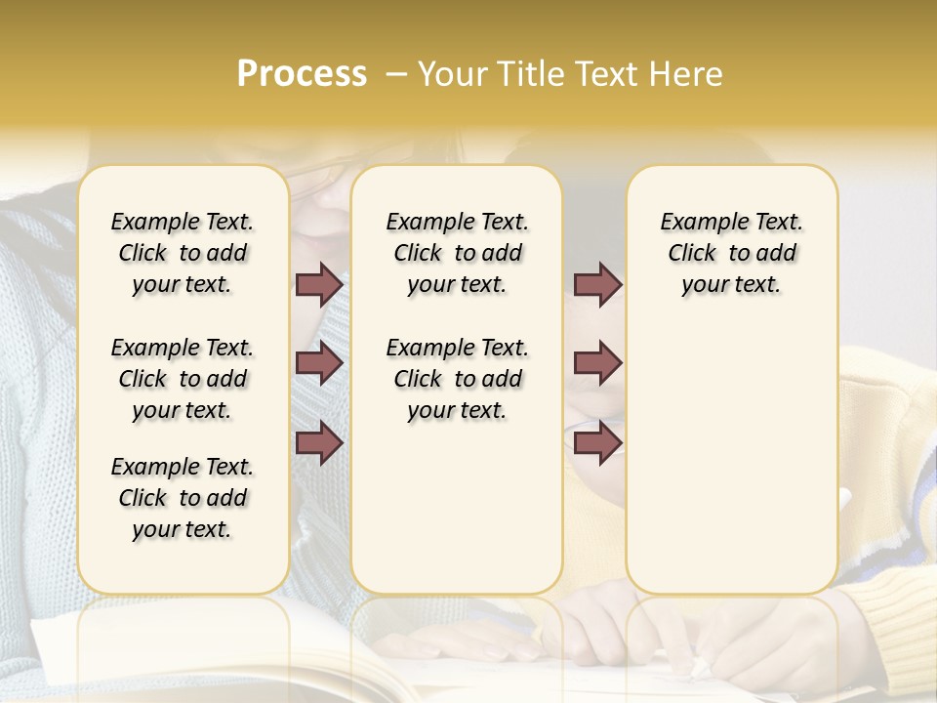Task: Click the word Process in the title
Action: (x=302, y=74)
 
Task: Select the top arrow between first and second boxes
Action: (x=319, y=285)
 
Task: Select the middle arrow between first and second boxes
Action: (x=319, y=364)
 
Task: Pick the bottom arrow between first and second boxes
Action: (x=319, y=443)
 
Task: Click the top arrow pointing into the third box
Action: (x=597, y=285)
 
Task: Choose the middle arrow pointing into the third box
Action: (x=597, y=364)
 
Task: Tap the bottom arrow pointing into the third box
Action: (x=597, y=443)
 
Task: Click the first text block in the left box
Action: (x=183, y=253)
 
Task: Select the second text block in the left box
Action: (x=183, y=379)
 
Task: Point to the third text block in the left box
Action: (x=183, y=498)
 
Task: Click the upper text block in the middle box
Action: (x=457, y=253)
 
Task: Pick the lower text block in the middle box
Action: (x=457, y=379)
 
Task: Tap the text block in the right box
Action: (x=731, y=253)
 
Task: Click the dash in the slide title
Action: (x=395, y=74)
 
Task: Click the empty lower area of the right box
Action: (x=731, y=459)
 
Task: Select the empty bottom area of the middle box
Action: (x=457, y=517)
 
